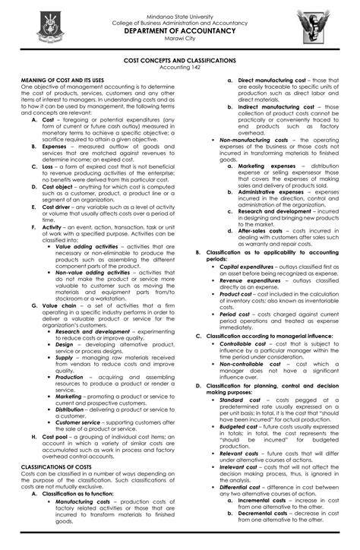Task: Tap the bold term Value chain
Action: (x=60, y=305)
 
